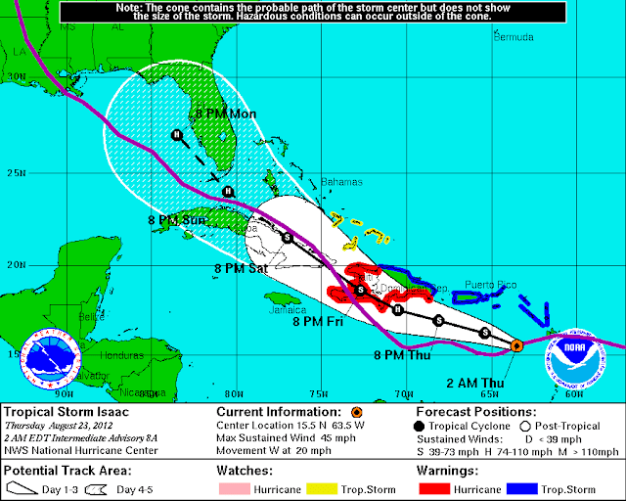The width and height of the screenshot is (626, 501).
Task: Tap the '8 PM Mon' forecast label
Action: pos(226,114)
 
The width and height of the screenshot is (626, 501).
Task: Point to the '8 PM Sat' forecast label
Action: pos(241,267)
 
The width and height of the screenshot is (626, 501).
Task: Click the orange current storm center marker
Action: pos(516,345)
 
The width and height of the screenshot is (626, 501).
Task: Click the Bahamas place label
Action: pos(342,182)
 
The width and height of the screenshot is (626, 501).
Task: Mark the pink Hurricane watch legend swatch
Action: pos(238,487)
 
